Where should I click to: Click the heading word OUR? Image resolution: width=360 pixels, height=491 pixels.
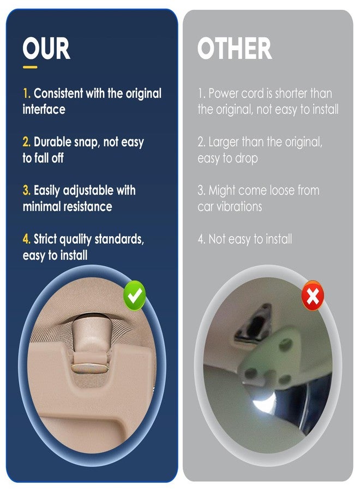coord(46,48)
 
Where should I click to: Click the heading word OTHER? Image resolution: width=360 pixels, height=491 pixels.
coord(235,48)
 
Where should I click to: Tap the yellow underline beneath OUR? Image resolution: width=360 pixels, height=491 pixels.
coord(30,67)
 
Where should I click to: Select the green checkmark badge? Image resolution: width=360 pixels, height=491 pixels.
coord(135,296)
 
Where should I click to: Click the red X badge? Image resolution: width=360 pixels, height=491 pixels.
coord(313,296)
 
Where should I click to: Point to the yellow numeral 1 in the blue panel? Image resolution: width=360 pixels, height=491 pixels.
coord(26,93)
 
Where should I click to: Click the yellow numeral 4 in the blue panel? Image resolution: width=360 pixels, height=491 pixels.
coord(26,239)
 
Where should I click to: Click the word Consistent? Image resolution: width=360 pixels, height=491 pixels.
coord(58,93)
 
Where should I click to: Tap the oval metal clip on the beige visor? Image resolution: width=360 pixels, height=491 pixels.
coord(90,368)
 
